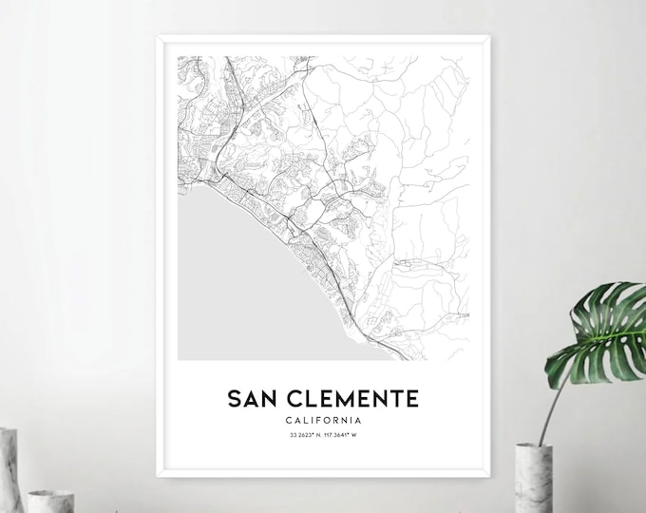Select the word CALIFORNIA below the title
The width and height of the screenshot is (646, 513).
323,420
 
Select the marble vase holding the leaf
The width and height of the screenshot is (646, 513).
533,478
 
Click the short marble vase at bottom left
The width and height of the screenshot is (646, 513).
49,501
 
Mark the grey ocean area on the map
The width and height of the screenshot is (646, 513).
228,285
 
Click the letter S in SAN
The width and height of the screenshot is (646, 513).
234,397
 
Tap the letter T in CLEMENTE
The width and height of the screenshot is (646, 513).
390,397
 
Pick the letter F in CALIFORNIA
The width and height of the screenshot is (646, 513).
317,420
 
